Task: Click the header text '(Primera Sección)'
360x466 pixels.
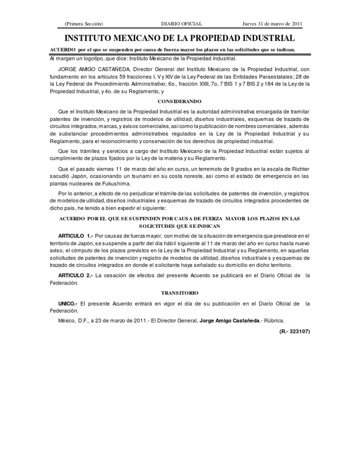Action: (x=84, y=24)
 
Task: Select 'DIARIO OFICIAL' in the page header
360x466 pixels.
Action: (x=180, y=24)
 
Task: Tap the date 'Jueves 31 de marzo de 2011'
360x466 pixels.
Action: (x=271, y=24)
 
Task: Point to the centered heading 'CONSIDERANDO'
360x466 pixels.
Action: (x=180, y=101)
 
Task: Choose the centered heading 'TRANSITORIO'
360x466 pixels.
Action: (x=180, y=292)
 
